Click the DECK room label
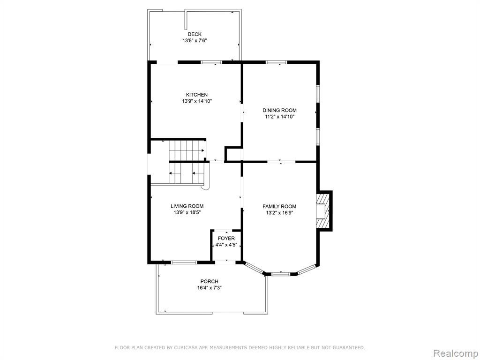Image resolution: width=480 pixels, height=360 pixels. tap(195, 34)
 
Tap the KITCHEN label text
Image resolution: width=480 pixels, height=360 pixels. tap(197, 95)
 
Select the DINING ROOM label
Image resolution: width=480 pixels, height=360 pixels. tap(279, 110)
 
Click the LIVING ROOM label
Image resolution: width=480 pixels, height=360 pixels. tap(187, 206)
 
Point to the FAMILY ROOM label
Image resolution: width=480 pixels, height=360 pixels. tap(279, 206)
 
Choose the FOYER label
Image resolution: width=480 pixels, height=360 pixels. tap(226, 239)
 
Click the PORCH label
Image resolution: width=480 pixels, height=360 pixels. tap(210, 281)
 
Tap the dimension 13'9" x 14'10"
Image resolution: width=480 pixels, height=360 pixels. tap(197, 101)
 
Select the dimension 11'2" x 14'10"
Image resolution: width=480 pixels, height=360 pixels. tap(279, 117)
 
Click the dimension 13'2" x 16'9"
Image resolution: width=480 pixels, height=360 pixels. tap(279, 213)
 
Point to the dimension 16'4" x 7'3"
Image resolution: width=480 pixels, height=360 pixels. tap(210, 288)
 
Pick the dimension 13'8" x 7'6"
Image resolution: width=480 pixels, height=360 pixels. tap(195, 40)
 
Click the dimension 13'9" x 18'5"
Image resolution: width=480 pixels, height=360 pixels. tap(187, 212)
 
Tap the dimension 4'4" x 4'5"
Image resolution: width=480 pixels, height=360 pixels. tap(226, 245)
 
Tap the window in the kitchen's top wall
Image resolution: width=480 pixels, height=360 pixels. tap(211, 62)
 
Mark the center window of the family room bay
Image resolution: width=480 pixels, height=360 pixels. tap(281, 274)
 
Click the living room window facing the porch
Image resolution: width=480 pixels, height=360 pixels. tap(184, 262)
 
